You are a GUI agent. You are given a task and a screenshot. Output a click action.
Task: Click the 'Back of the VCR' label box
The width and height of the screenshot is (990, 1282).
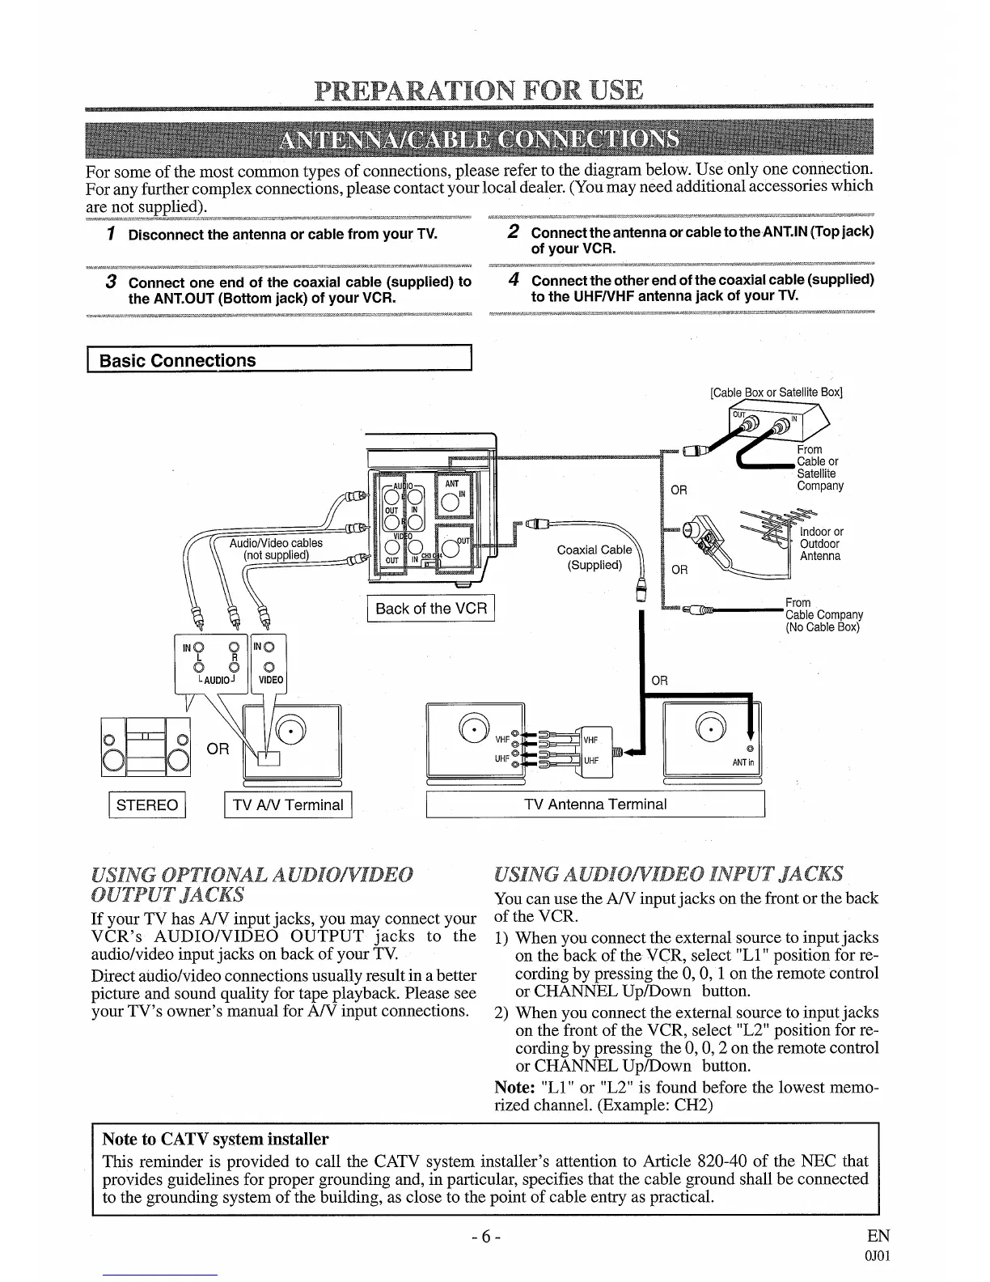(431, 609)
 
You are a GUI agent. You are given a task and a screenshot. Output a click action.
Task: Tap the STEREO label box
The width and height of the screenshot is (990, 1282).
(147, 804)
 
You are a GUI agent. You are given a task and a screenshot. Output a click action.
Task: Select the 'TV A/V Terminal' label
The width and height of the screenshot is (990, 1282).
(288, 804)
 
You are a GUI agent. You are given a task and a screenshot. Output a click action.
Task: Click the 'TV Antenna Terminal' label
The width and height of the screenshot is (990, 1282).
(595, 804)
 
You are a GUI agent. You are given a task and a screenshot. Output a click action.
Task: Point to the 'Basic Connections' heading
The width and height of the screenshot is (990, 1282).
(177, 361)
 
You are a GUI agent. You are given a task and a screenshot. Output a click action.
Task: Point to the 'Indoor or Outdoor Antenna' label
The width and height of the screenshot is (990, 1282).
(821, 544)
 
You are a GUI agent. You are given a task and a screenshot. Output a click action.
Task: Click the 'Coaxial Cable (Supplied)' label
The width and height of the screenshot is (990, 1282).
(594, 557)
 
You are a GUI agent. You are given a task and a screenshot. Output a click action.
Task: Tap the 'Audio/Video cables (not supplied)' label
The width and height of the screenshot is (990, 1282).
(276, 549)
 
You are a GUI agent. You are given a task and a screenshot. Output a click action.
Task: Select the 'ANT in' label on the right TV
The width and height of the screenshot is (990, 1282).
(742, 762)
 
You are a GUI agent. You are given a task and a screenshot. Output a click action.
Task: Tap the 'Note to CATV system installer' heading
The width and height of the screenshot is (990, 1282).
(215, 1140)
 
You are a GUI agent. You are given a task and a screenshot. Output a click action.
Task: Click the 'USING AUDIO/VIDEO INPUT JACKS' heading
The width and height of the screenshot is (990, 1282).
(668, 873)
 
